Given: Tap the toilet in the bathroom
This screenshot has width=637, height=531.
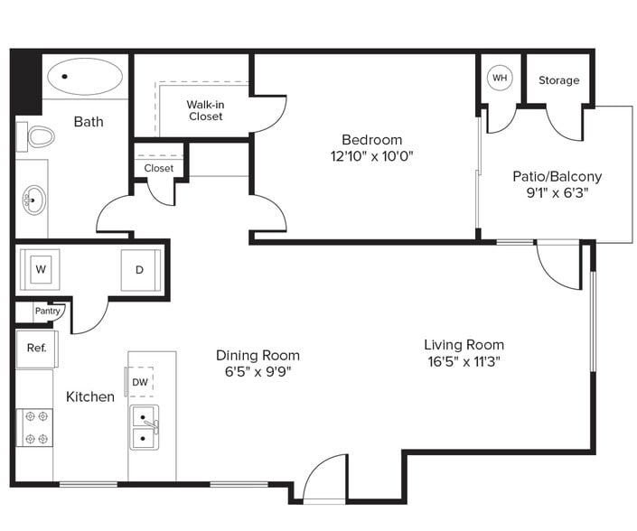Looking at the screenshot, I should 39,137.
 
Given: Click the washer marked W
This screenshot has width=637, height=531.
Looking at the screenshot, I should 40,269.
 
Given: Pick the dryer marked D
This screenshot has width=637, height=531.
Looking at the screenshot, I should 140,269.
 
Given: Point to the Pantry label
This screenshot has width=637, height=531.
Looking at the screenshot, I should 47,311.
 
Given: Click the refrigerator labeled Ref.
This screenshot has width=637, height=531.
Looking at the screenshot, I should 36,348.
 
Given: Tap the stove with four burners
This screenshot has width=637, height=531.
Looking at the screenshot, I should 35,427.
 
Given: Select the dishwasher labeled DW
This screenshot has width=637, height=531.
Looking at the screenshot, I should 140,382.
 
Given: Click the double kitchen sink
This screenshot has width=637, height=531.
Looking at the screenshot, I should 144,428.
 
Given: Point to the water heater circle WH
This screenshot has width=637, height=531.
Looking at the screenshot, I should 500,79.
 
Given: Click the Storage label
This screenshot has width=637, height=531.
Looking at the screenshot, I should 558,80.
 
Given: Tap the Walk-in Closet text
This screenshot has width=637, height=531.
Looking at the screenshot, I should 205,110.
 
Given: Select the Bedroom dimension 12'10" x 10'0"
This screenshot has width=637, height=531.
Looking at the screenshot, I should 371,155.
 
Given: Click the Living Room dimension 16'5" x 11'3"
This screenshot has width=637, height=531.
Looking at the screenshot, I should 464,361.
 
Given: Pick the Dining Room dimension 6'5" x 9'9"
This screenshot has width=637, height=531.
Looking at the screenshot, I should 258,371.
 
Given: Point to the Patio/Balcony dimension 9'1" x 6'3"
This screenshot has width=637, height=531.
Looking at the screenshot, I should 557,193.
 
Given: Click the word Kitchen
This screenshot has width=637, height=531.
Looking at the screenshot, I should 90,396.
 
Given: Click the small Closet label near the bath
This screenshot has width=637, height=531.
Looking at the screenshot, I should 158,168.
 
